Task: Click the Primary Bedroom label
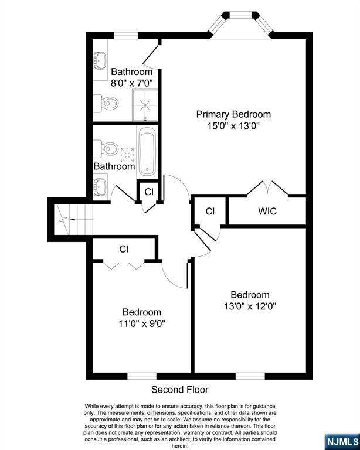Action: click(x=233, y=114)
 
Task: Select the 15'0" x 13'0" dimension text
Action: click(x=233, y=125)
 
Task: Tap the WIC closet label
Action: click(x=267, y=211)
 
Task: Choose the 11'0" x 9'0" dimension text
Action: click(x=141, y=323)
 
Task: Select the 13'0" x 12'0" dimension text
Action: click(x=250, y=305)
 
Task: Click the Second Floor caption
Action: click(x=180, y=390)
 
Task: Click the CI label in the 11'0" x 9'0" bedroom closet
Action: click(x=124, y=249)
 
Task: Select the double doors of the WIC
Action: click(x=267, y=189)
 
